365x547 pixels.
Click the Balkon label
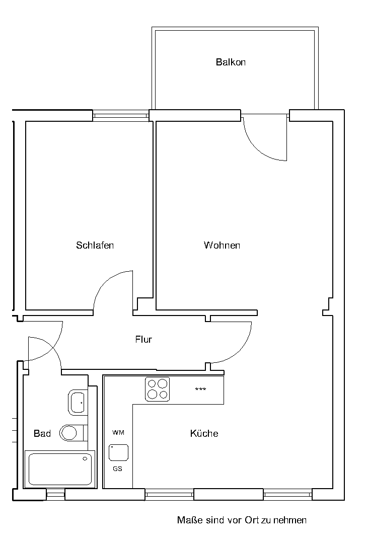coord(231,62)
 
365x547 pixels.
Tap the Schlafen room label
coord(95,245)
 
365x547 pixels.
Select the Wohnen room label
coord(222,245)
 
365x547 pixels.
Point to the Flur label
coord(143,339)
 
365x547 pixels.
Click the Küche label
coord(204,433)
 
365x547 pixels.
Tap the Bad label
coord(42,433)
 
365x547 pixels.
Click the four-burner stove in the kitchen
coord(158,389)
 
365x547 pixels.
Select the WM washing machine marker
coord(118,433)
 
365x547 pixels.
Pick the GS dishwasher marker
coord(118,469)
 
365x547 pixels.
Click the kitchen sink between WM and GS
coord(119,452)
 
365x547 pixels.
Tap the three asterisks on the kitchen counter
coord(200,389)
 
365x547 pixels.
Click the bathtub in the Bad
coord(60,469)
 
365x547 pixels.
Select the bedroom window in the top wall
coord(121,115)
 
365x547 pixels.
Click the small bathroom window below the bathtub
coord(56,494)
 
